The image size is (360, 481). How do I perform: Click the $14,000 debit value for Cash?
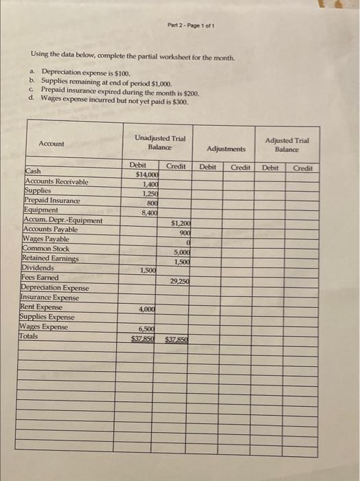point(146,175)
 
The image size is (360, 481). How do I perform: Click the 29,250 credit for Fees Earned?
point(179,281)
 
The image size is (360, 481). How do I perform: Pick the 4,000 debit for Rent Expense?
point(146,310)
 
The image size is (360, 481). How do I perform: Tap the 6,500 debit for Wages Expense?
point(146,329)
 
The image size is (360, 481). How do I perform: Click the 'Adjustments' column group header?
point(226,148)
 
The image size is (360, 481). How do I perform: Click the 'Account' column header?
point(52,144)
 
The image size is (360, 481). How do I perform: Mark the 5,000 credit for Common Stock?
point(181,252)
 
